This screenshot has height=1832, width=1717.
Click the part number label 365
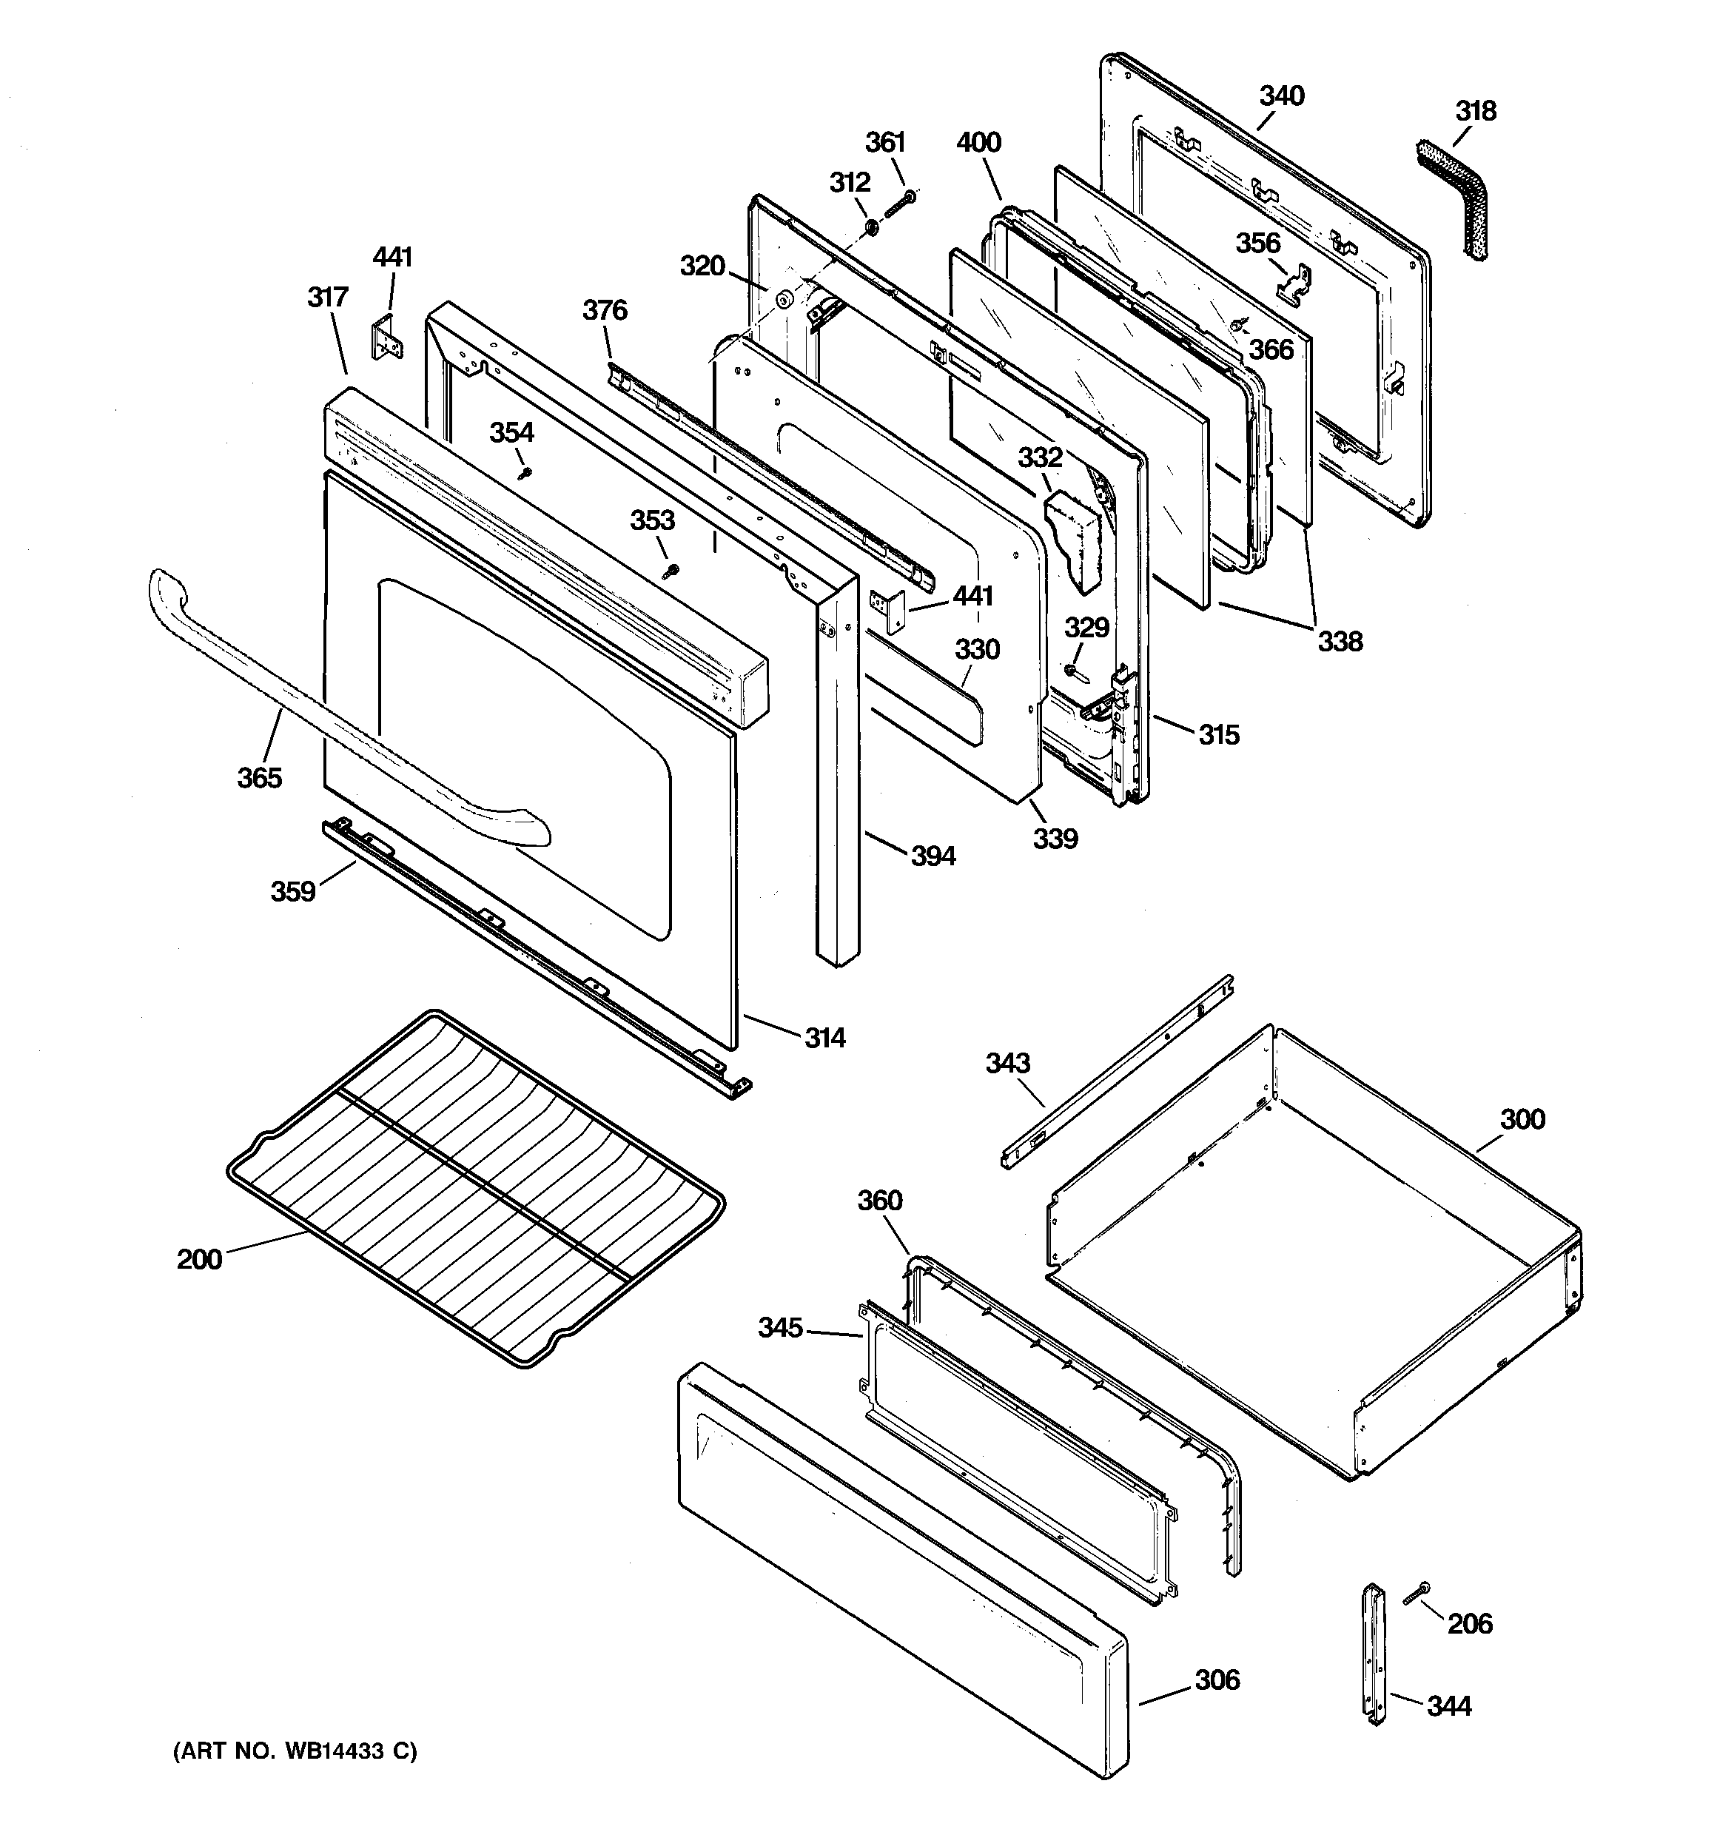tap(259, 778)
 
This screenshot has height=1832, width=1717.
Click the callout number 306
tap(1217, 1680)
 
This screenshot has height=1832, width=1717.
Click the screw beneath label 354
tap(526, 473)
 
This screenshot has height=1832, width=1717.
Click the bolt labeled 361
tap(899, 204)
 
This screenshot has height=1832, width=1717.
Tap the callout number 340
tap(1281, 95)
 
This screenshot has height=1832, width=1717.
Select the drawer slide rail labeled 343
tap(1118, 1071)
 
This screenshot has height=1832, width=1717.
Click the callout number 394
tap(933, 856)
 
